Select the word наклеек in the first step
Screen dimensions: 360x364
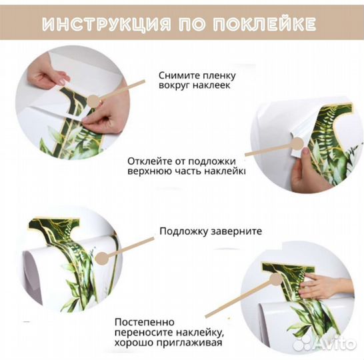coord(214,87)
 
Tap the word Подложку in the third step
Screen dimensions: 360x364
coord(181,232)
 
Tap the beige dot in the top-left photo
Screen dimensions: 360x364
coord(94,101)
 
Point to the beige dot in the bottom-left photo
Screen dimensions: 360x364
coord(101,256)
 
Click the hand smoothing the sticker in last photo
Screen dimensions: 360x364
coord(323,287)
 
